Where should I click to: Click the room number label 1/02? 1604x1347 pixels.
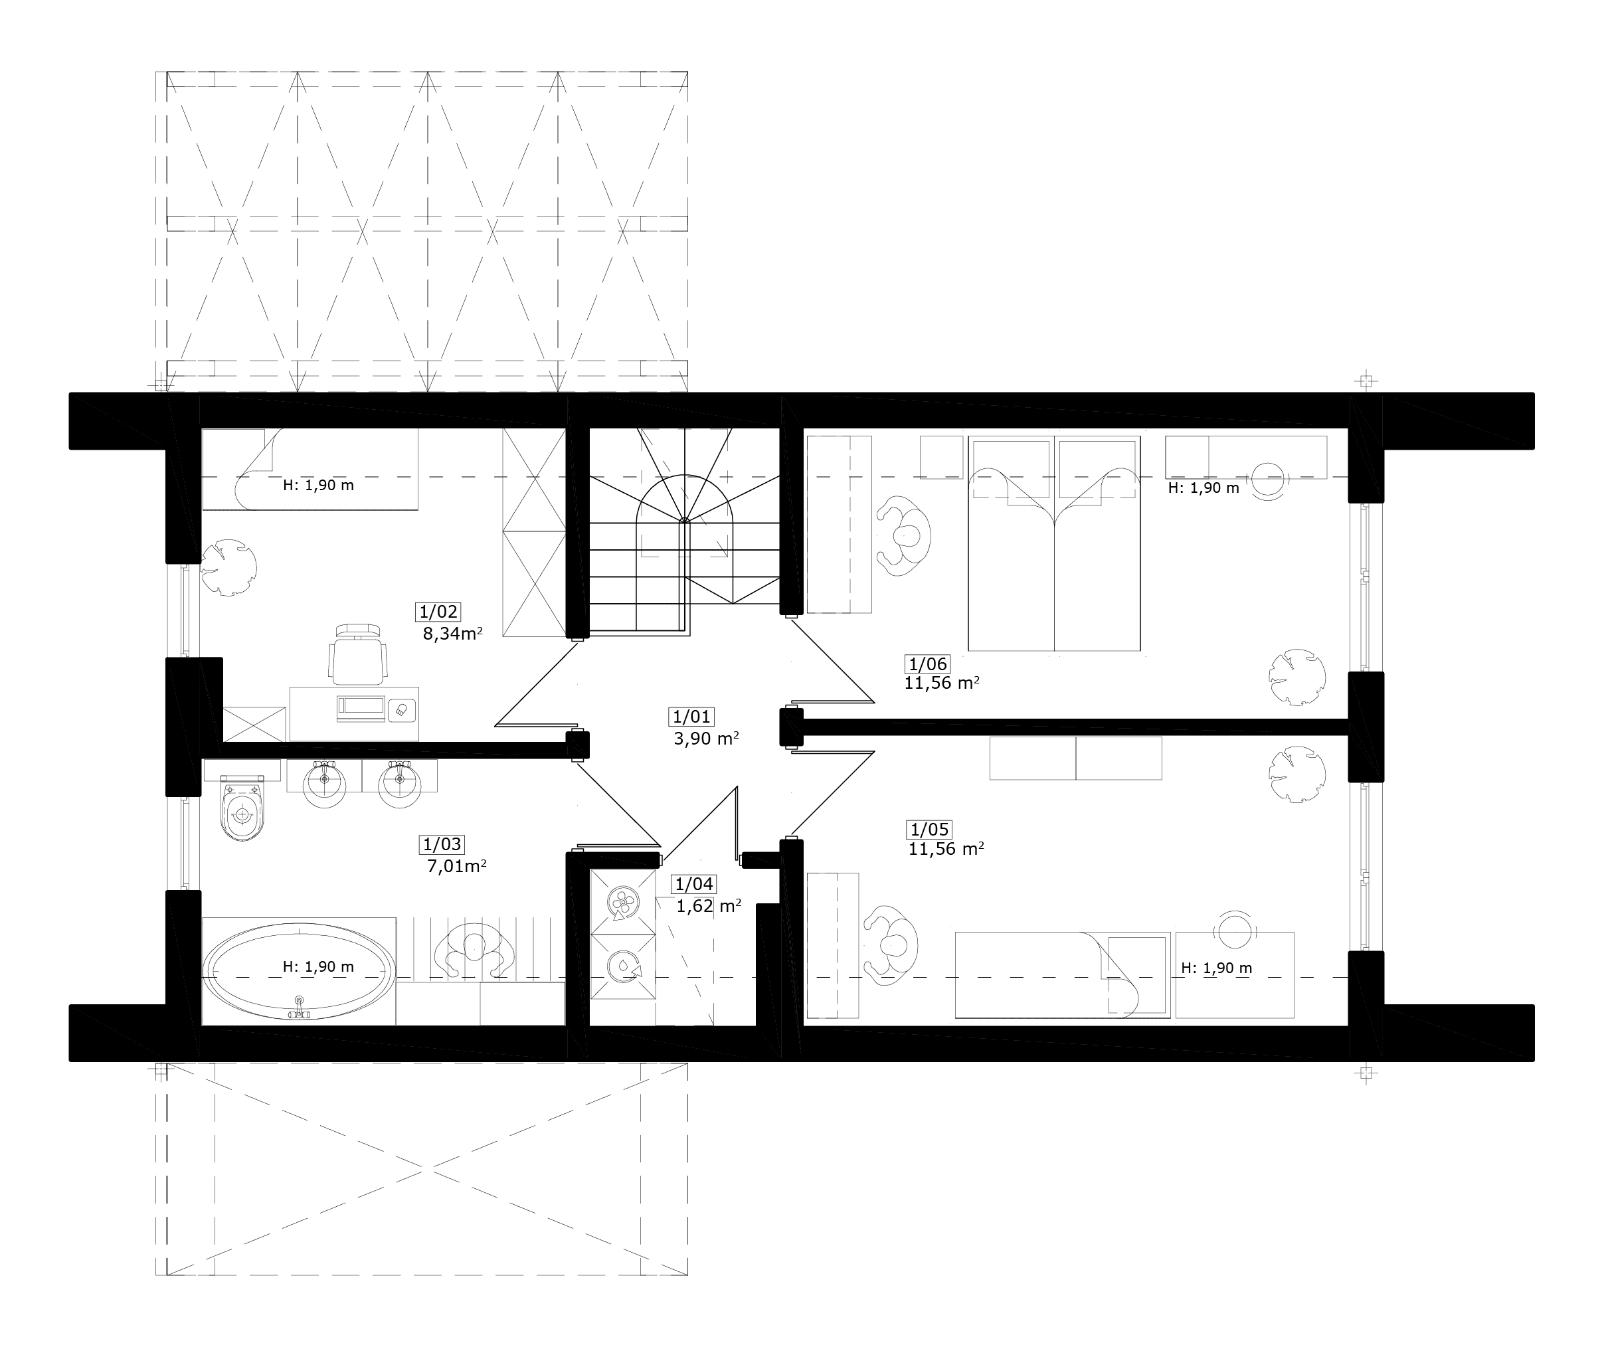click(438, 611)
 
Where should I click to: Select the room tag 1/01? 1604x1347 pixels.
click(691, 717)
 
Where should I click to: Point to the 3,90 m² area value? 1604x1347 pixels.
click(706, 738)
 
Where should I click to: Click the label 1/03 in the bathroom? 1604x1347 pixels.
click(442, 844)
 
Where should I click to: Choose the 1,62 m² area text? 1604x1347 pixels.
click(709, 906)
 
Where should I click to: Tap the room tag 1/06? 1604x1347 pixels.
click(927, 664)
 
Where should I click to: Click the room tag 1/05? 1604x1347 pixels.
click(930, 830)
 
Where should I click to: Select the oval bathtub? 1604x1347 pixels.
click(299, 971)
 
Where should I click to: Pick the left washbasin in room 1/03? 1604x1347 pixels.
click(325, 782)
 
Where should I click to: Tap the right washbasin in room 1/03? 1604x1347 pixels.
click(399, 782)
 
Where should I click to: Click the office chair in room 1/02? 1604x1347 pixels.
click(357, 654)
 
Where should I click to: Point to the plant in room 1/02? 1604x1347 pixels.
click(228, 568)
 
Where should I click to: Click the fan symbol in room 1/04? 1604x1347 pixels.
click(622, 903)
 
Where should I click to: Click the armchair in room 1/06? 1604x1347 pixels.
click(903, 537)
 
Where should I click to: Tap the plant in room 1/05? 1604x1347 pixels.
click(1297, 774)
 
